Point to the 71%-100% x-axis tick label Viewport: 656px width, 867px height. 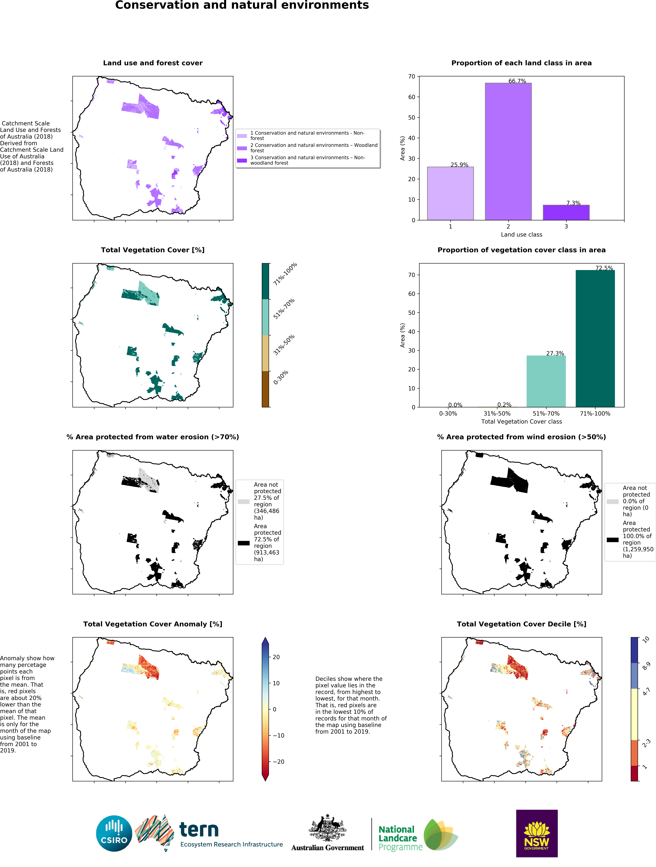pos(595,413)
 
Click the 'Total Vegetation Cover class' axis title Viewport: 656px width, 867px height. pos(521,422)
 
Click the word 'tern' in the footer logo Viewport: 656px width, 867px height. pos(199,829)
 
